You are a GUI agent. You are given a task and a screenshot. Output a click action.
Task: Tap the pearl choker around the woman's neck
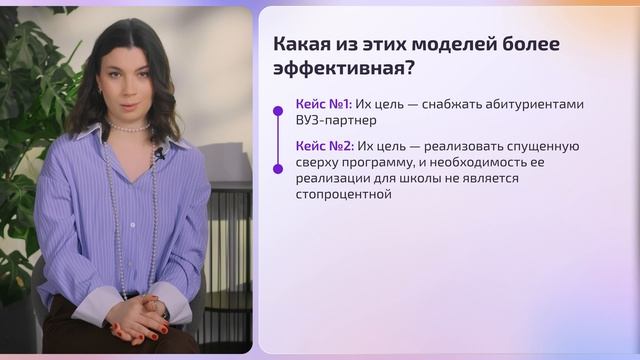coord(128,127)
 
